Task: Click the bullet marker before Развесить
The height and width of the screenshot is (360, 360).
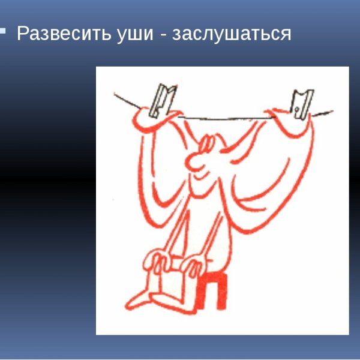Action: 3,30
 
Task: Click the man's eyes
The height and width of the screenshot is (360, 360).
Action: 207,143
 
